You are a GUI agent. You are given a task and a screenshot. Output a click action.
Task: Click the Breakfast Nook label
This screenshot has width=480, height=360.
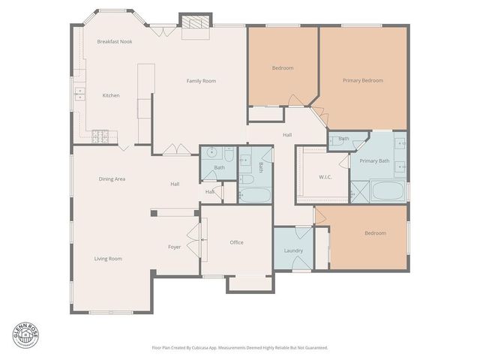point(115,42)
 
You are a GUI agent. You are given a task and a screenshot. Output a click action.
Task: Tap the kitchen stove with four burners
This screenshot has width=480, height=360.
point(99,136)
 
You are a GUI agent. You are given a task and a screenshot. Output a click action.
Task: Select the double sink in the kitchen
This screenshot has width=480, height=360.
point(79,94)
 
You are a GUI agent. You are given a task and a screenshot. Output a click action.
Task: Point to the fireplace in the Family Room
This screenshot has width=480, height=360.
point(195,24)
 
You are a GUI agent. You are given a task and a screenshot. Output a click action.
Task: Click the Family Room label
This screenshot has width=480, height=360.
point(201,80)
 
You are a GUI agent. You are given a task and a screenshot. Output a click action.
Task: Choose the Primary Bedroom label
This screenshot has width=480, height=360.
point(362,80)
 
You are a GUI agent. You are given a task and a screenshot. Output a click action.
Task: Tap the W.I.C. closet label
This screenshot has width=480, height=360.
point(325,177)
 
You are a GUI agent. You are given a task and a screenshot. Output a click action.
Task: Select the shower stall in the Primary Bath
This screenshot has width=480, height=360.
point(358,192)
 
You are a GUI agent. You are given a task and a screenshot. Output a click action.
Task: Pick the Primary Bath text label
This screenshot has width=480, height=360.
point(373,161)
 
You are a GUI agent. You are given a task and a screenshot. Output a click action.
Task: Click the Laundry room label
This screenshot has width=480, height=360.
point(293,250)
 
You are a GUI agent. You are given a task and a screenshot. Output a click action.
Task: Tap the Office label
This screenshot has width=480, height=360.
point(236,242)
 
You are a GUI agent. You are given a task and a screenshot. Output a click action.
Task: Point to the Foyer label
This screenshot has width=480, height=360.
point(174,246)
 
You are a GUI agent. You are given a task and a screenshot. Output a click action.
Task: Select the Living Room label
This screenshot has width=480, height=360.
point(108,259)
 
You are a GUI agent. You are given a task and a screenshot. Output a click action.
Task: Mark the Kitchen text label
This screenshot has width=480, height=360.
point(111,95)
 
